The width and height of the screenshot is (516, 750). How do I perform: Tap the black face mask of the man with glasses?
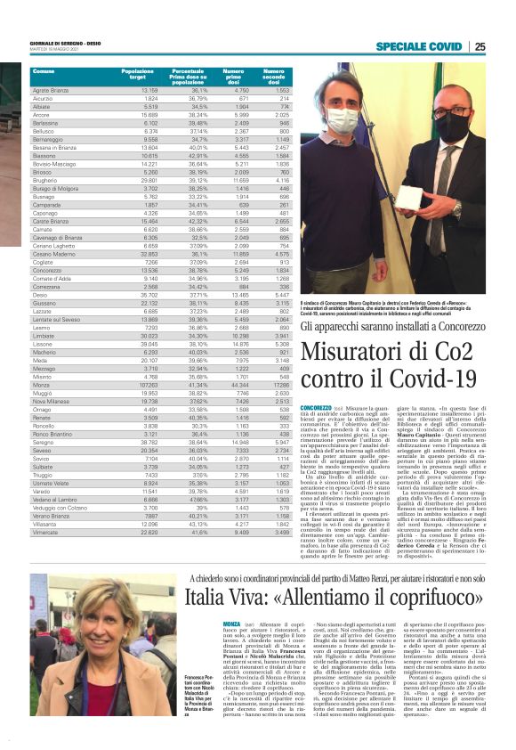[451, 126]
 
